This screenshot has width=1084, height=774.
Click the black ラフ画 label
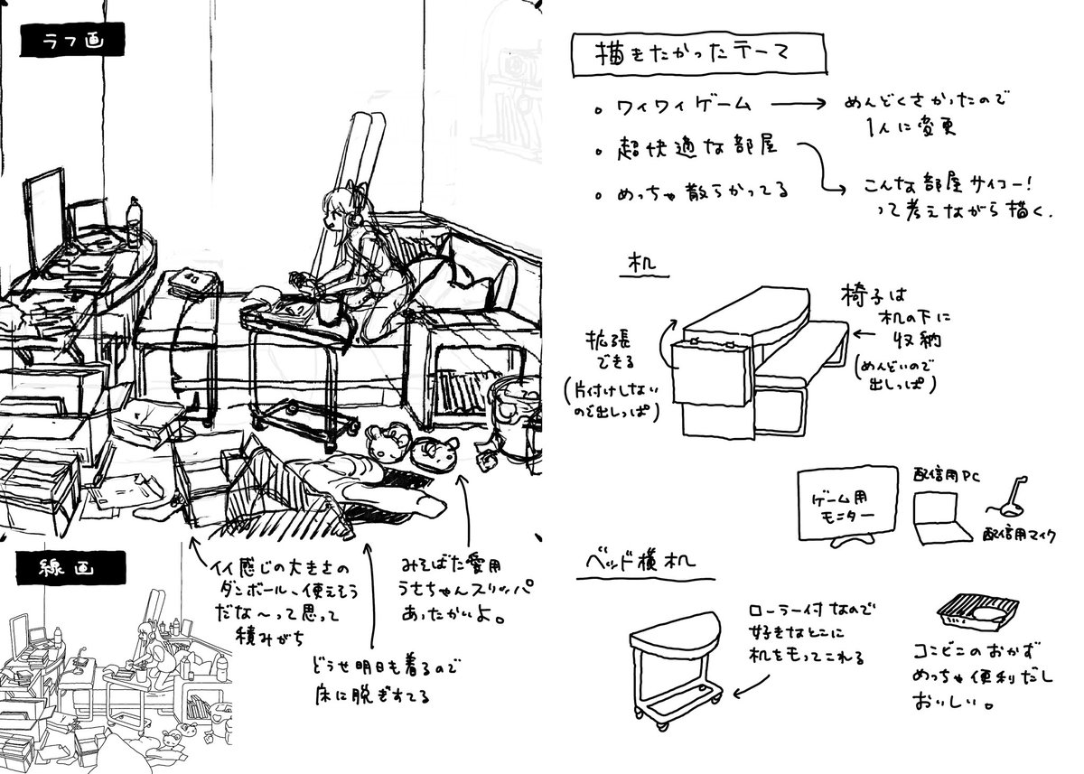click(x=71, y=42)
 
